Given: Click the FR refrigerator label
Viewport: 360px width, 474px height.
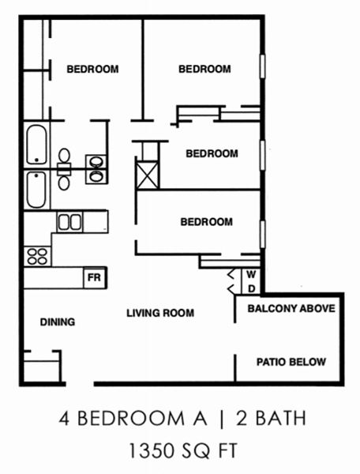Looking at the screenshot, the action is tap(94, 277).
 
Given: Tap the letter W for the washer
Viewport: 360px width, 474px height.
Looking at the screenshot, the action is tap(251, 274).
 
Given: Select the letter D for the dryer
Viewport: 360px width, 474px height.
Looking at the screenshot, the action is tap(252, 288).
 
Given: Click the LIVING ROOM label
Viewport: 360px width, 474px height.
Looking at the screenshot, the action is tap(160, 313).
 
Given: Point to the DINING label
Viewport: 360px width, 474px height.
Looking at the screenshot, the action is tap(58, 322).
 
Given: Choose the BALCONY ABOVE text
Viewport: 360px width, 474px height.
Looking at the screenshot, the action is tap(291, 308).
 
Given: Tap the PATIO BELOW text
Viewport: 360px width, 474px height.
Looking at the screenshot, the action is tap(291, 362).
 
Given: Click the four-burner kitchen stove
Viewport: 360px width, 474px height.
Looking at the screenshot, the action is tap(37, 256).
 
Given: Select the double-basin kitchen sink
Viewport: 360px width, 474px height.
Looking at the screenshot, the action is tap(69, 222).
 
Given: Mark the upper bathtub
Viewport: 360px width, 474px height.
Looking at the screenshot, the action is tap(36, 145).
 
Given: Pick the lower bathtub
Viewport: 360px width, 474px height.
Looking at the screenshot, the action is tap(36, 190).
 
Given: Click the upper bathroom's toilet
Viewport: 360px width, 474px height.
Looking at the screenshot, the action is tap(64, 158).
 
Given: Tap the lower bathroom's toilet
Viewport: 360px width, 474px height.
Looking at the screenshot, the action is tap(64, 179).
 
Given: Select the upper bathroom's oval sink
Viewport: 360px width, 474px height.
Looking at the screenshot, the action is tap(96, 162).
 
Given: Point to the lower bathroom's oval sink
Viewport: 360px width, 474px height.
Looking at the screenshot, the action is tap(96, 175).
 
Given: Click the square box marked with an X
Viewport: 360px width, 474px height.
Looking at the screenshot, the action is tap(148, 175).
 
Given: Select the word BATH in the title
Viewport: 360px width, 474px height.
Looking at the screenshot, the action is tap(280, 418).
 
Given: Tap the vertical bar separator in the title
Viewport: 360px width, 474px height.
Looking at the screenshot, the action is tap(222, 419).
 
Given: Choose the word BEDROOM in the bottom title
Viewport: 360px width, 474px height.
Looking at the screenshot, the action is tap(131, 419).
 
